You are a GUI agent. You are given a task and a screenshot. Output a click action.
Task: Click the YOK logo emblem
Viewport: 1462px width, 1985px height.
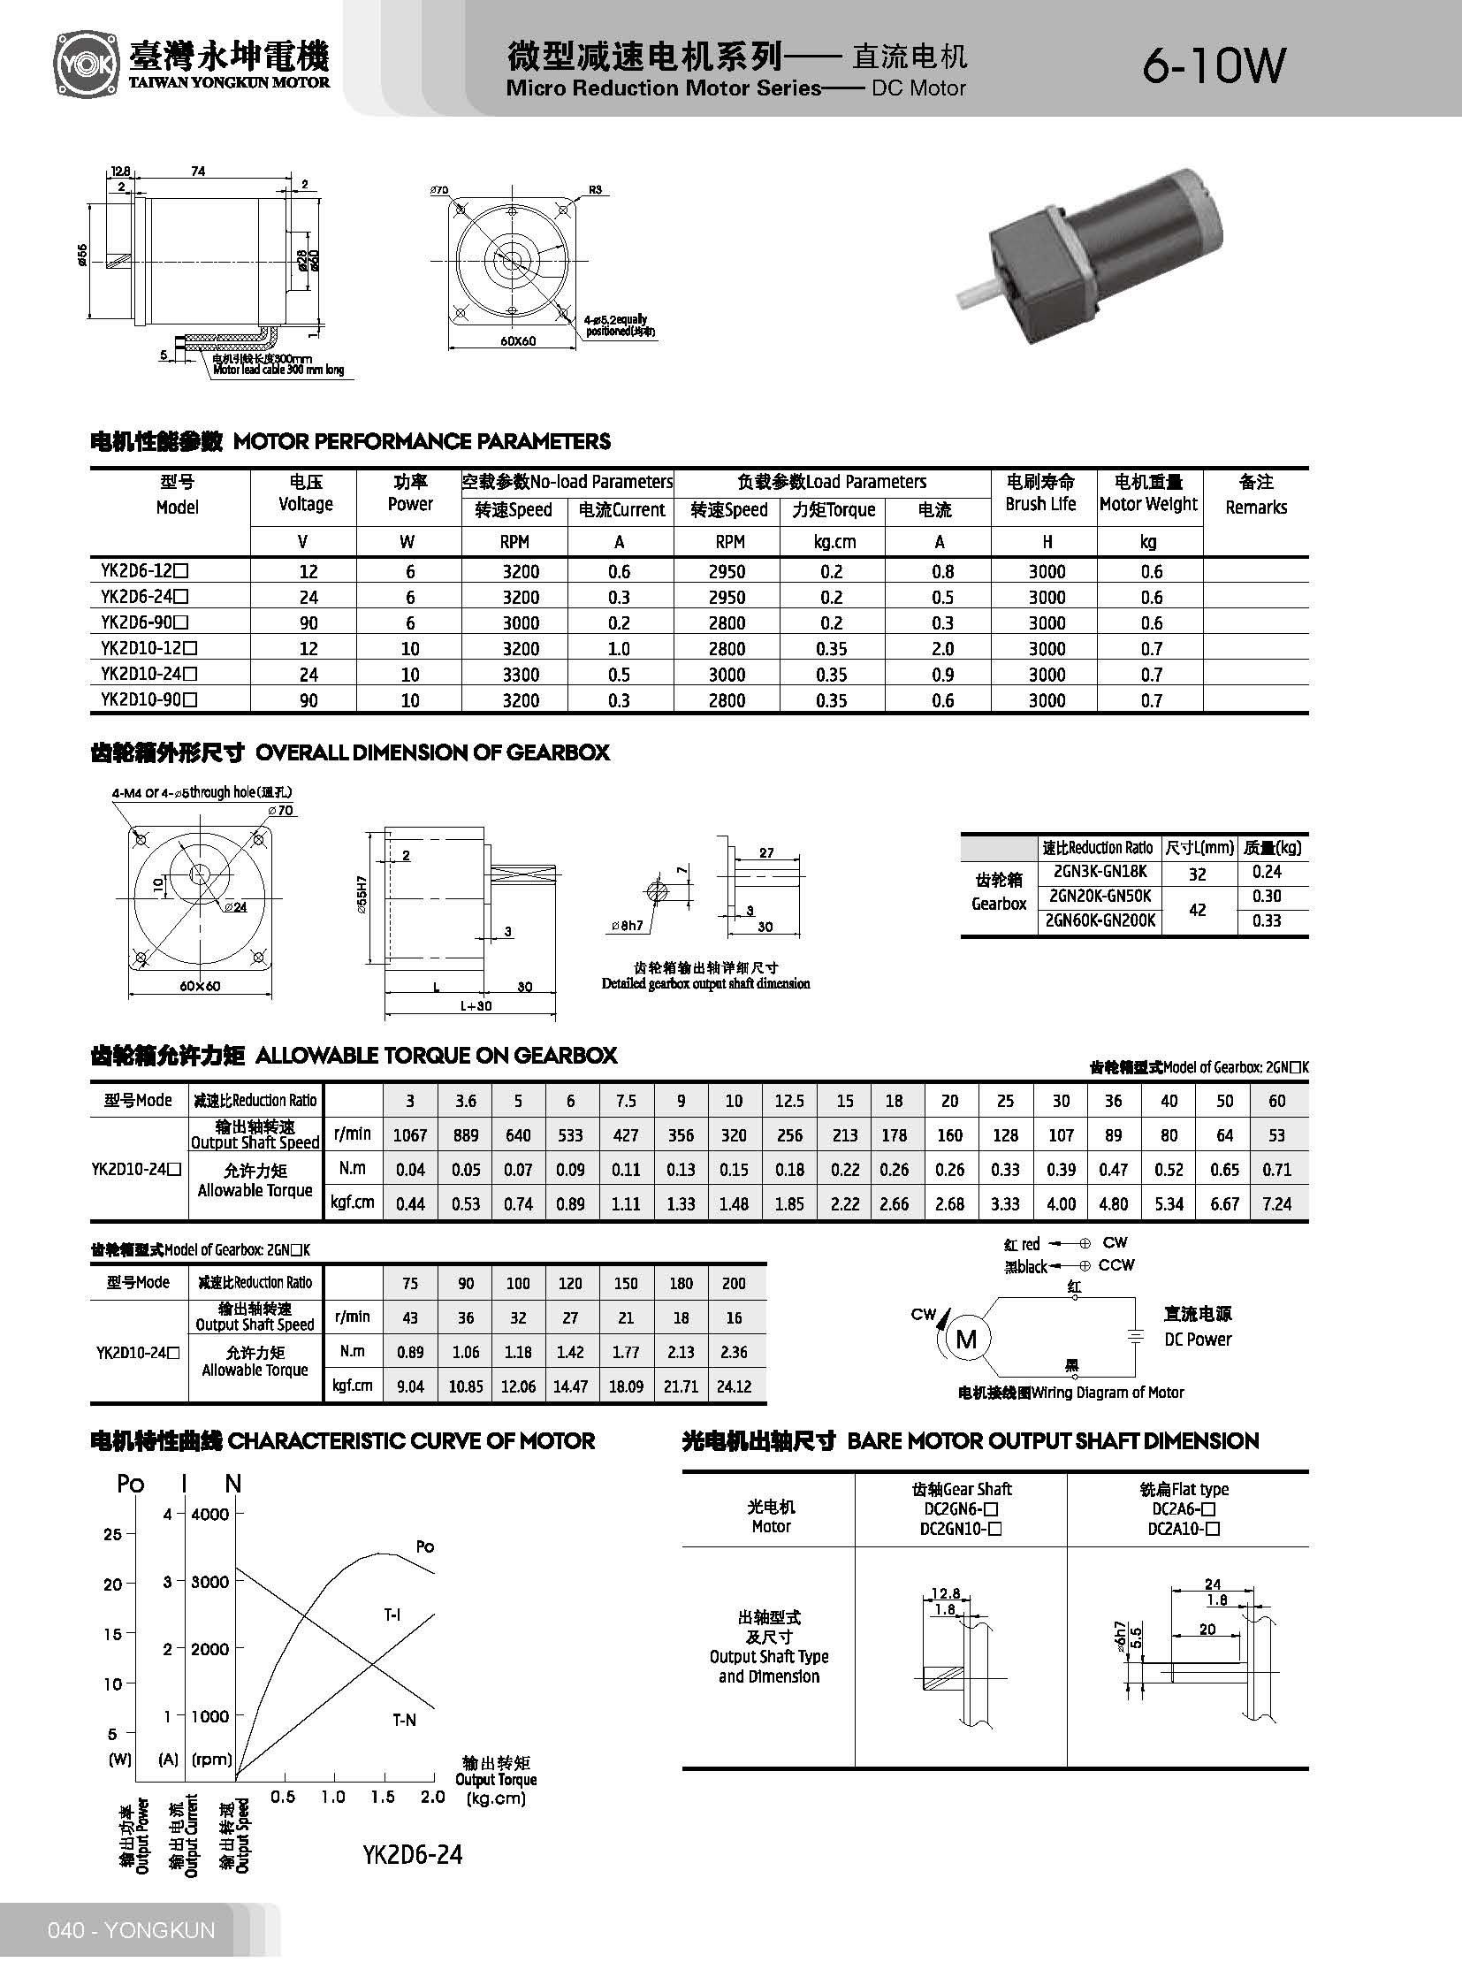point(85,65)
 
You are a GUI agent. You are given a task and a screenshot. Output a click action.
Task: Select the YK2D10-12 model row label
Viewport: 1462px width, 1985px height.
point(148,648)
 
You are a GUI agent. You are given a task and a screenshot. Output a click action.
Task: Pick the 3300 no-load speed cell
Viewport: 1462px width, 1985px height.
point(521,675)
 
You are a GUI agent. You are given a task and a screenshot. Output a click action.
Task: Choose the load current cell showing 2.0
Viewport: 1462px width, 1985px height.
point(942,649)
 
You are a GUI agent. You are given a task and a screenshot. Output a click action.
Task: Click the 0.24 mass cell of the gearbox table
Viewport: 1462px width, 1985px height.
point(1267,871)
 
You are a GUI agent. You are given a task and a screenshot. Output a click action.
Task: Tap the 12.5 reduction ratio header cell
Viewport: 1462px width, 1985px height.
point(788,1101)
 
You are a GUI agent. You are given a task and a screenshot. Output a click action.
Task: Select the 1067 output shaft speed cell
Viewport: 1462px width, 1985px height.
point(410,1135)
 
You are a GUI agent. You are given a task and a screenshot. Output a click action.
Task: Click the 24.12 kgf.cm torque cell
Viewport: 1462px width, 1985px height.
point(734,1386)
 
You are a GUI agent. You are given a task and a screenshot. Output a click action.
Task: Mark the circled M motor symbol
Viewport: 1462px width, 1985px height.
point(966,1339)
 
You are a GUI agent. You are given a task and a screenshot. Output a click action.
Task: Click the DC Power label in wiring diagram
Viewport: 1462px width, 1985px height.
point(1198,1340)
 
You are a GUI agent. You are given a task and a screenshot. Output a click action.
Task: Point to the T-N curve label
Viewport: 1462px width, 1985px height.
point(405,1720)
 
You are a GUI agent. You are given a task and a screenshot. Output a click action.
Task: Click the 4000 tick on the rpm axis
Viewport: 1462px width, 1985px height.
point(209,1514)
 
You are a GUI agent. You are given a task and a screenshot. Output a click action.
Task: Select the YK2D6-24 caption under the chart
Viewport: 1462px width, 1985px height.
point(413,1854)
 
